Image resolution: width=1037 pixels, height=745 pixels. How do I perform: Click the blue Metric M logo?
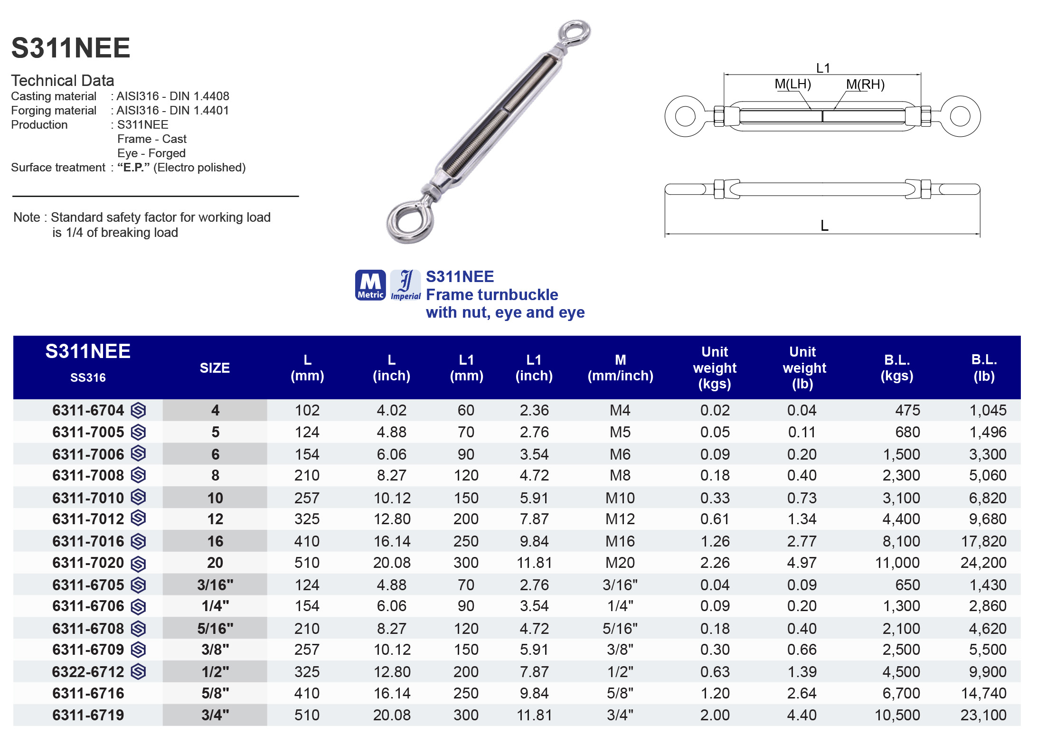tap(370, 285)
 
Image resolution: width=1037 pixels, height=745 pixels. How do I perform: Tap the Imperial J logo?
tap(405, 285)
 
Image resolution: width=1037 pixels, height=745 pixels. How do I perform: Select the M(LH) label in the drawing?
tap(792, 84)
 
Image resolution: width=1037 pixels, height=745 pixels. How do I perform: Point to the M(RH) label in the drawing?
tap(865, 85)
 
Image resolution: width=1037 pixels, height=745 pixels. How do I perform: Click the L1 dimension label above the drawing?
tap(823, 68)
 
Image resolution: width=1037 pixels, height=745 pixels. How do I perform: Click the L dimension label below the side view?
tap(824, 226)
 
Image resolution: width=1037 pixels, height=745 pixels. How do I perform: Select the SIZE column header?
tap(215, 368)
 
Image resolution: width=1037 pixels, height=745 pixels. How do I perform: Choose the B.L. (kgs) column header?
tap(896, 368)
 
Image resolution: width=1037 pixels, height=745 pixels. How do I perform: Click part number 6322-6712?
tap(88, 672)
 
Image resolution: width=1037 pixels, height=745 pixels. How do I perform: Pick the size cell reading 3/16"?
tap(215, 585)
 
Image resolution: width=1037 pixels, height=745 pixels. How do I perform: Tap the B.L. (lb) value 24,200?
tap(983, 563)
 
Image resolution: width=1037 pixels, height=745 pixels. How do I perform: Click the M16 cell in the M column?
tap(620, 541)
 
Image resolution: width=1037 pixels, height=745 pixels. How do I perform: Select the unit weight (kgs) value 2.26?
tap(715, 563)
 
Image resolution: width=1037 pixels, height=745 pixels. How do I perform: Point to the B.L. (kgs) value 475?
tap(907, 410)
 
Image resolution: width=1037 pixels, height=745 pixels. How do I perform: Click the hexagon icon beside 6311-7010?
tap(138, 497)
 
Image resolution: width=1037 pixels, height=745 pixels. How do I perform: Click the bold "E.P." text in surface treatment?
tap(133, 168)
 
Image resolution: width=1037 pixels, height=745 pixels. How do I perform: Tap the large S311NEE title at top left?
tap(71, 48)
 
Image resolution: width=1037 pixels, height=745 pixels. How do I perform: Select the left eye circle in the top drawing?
tap(685, 116)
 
